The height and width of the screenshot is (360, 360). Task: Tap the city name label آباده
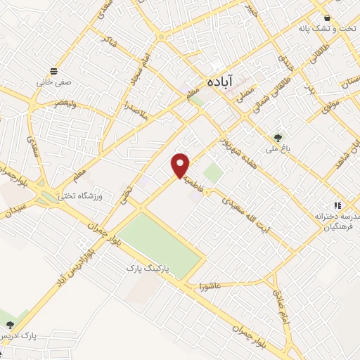[x=221, y=82]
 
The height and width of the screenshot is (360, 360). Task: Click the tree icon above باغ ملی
[x=278, y=138]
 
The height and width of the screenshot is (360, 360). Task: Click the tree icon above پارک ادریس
[x=10, y=324]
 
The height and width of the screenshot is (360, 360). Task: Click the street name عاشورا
[x=210, y=287]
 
